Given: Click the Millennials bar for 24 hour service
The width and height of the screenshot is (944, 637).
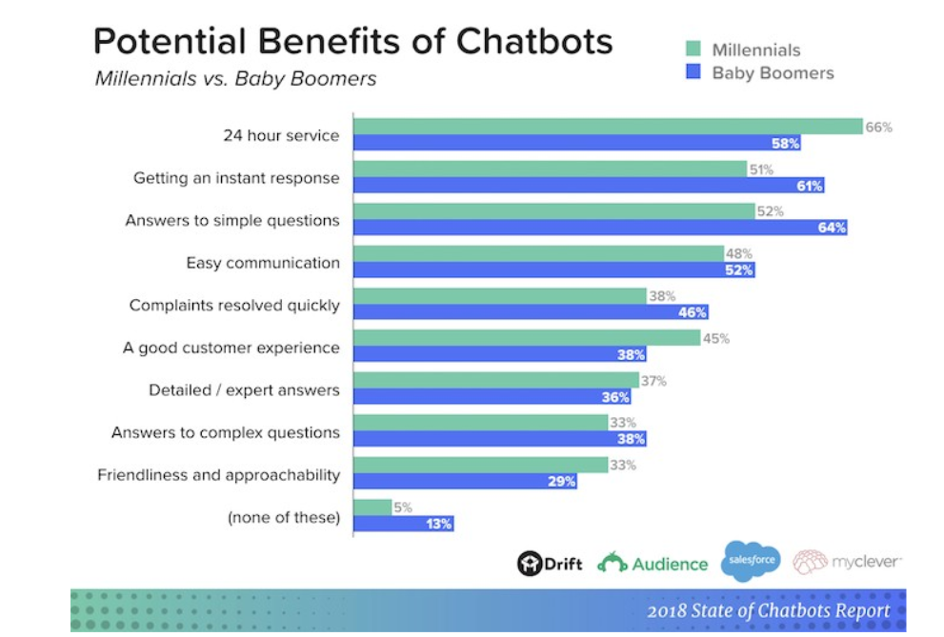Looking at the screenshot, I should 607,127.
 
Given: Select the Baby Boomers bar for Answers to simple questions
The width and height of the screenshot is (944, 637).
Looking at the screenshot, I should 600,228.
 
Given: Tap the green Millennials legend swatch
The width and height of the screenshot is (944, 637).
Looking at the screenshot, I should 693,50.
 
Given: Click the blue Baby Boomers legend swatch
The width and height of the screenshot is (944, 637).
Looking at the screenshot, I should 693,72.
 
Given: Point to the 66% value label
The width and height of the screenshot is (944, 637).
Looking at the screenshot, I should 878,127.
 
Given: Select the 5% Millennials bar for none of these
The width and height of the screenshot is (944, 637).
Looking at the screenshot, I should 372,508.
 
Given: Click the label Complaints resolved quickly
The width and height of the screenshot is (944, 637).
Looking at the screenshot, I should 234,306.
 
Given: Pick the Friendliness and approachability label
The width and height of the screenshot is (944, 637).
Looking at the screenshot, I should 218,474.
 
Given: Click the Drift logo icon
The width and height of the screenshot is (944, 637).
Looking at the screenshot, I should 529,564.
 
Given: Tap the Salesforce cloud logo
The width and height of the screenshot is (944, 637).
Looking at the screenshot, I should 751,560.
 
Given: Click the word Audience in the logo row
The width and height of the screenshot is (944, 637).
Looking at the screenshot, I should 670,564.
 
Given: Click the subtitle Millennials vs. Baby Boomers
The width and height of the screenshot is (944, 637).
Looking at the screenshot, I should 235,78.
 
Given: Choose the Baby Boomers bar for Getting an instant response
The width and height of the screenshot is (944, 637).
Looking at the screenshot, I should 588,186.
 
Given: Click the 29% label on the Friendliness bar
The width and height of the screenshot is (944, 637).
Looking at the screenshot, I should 562,481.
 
